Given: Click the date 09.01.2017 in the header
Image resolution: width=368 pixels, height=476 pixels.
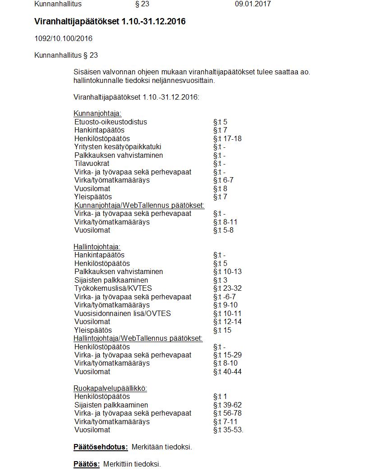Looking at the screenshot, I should coord(253,4).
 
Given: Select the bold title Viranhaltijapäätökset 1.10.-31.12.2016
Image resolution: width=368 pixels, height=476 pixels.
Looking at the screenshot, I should coord(110,22).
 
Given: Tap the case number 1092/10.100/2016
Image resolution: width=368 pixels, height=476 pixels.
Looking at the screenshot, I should coord(64,39).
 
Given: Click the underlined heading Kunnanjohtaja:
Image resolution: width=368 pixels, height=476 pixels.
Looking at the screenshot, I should coord(97,114).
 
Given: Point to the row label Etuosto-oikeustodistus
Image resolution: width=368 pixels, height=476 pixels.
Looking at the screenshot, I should coord(110,122).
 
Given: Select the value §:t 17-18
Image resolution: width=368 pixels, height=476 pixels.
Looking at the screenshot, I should coord(227,138).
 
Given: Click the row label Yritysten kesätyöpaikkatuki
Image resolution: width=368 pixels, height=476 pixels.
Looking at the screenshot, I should coord(118,147).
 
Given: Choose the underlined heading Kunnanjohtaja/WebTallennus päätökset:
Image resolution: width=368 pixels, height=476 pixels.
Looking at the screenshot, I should coord(139,205).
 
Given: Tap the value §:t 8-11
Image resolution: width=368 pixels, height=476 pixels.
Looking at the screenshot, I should coord(225,222).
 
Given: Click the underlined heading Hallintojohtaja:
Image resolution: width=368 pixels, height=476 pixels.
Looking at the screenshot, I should coord(97,247).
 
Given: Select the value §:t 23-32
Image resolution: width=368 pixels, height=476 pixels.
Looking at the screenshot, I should coord(227,288).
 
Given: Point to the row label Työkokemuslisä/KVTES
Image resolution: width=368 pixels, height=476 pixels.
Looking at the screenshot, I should coord(113,288).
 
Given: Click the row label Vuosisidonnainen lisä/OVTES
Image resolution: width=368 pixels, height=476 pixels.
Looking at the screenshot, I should coord(123,313).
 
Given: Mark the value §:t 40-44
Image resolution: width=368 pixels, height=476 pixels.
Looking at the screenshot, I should coord(227,371).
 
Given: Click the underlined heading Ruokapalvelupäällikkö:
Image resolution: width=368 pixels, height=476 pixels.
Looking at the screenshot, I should coord(110,388).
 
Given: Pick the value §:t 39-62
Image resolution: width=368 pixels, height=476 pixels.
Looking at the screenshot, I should coord(227,405).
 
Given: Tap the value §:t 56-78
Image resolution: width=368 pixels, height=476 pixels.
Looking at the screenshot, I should coord(227,413).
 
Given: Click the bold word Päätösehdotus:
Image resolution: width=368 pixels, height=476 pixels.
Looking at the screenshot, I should coord(101,447).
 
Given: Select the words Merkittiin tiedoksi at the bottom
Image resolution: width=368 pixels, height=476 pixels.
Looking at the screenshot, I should coord(132,464).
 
